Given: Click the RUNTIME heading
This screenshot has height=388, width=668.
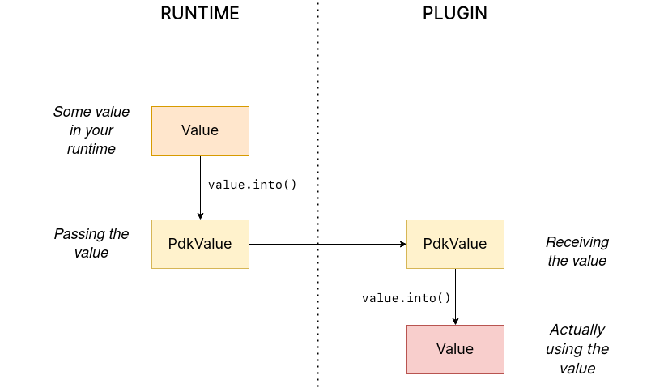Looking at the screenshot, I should coord(200,14).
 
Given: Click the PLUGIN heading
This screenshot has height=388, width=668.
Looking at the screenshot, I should coord(455,14).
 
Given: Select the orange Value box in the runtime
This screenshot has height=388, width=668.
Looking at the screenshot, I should coord(200,130).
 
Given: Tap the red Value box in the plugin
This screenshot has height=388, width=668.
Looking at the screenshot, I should coord(455,349).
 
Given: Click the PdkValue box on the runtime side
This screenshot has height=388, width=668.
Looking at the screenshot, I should coord(200,244).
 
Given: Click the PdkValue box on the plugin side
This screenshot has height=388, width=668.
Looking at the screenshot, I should coord(455,244).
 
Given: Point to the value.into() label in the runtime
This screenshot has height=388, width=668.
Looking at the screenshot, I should coord(253,185).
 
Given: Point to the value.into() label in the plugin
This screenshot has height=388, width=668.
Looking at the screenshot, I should coord(406,298).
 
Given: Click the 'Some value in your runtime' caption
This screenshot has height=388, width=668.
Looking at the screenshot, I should coord(91,130).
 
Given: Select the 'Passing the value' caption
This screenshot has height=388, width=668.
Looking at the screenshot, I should coord(91,243).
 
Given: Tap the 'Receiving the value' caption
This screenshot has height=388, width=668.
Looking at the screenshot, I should coord(577,251).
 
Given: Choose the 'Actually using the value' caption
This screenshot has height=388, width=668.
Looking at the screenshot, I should coord(577,349).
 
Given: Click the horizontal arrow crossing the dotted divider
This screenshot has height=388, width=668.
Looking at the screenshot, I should coord(324,244).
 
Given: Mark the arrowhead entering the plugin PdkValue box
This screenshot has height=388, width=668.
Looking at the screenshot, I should coord(402,244).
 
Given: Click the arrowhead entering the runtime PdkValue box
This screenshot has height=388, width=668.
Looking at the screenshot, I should coord(200,215).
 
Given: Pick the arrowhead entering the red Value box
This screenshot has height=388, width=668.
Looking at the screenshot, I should coord(455,321).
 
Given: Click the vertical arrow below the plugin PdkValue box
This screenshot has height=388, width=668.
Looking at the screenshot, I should coord(455,296).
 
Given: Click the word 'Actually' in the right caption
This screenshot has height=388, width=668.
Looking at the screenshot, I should coord(577,330).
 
